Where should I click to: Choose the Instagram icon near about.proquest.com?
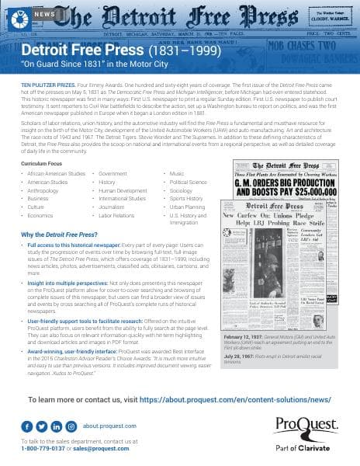tap(71, 426)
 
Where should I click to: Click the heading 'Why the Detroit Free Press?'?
tap(60, 235)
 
